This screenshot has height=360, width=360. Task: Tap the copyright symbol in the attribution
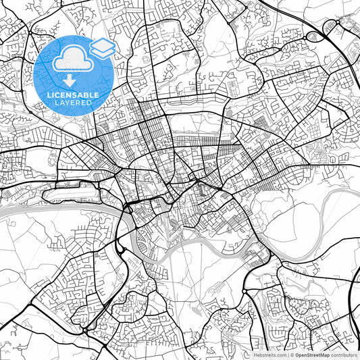point(292,354)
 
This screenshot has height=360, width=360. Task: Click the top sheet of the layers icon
point(103,44)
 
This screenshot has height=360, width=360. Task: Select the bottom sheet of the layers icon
point(103,52)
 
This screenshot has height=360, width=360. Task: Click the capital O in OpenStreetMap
point(297,354)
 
